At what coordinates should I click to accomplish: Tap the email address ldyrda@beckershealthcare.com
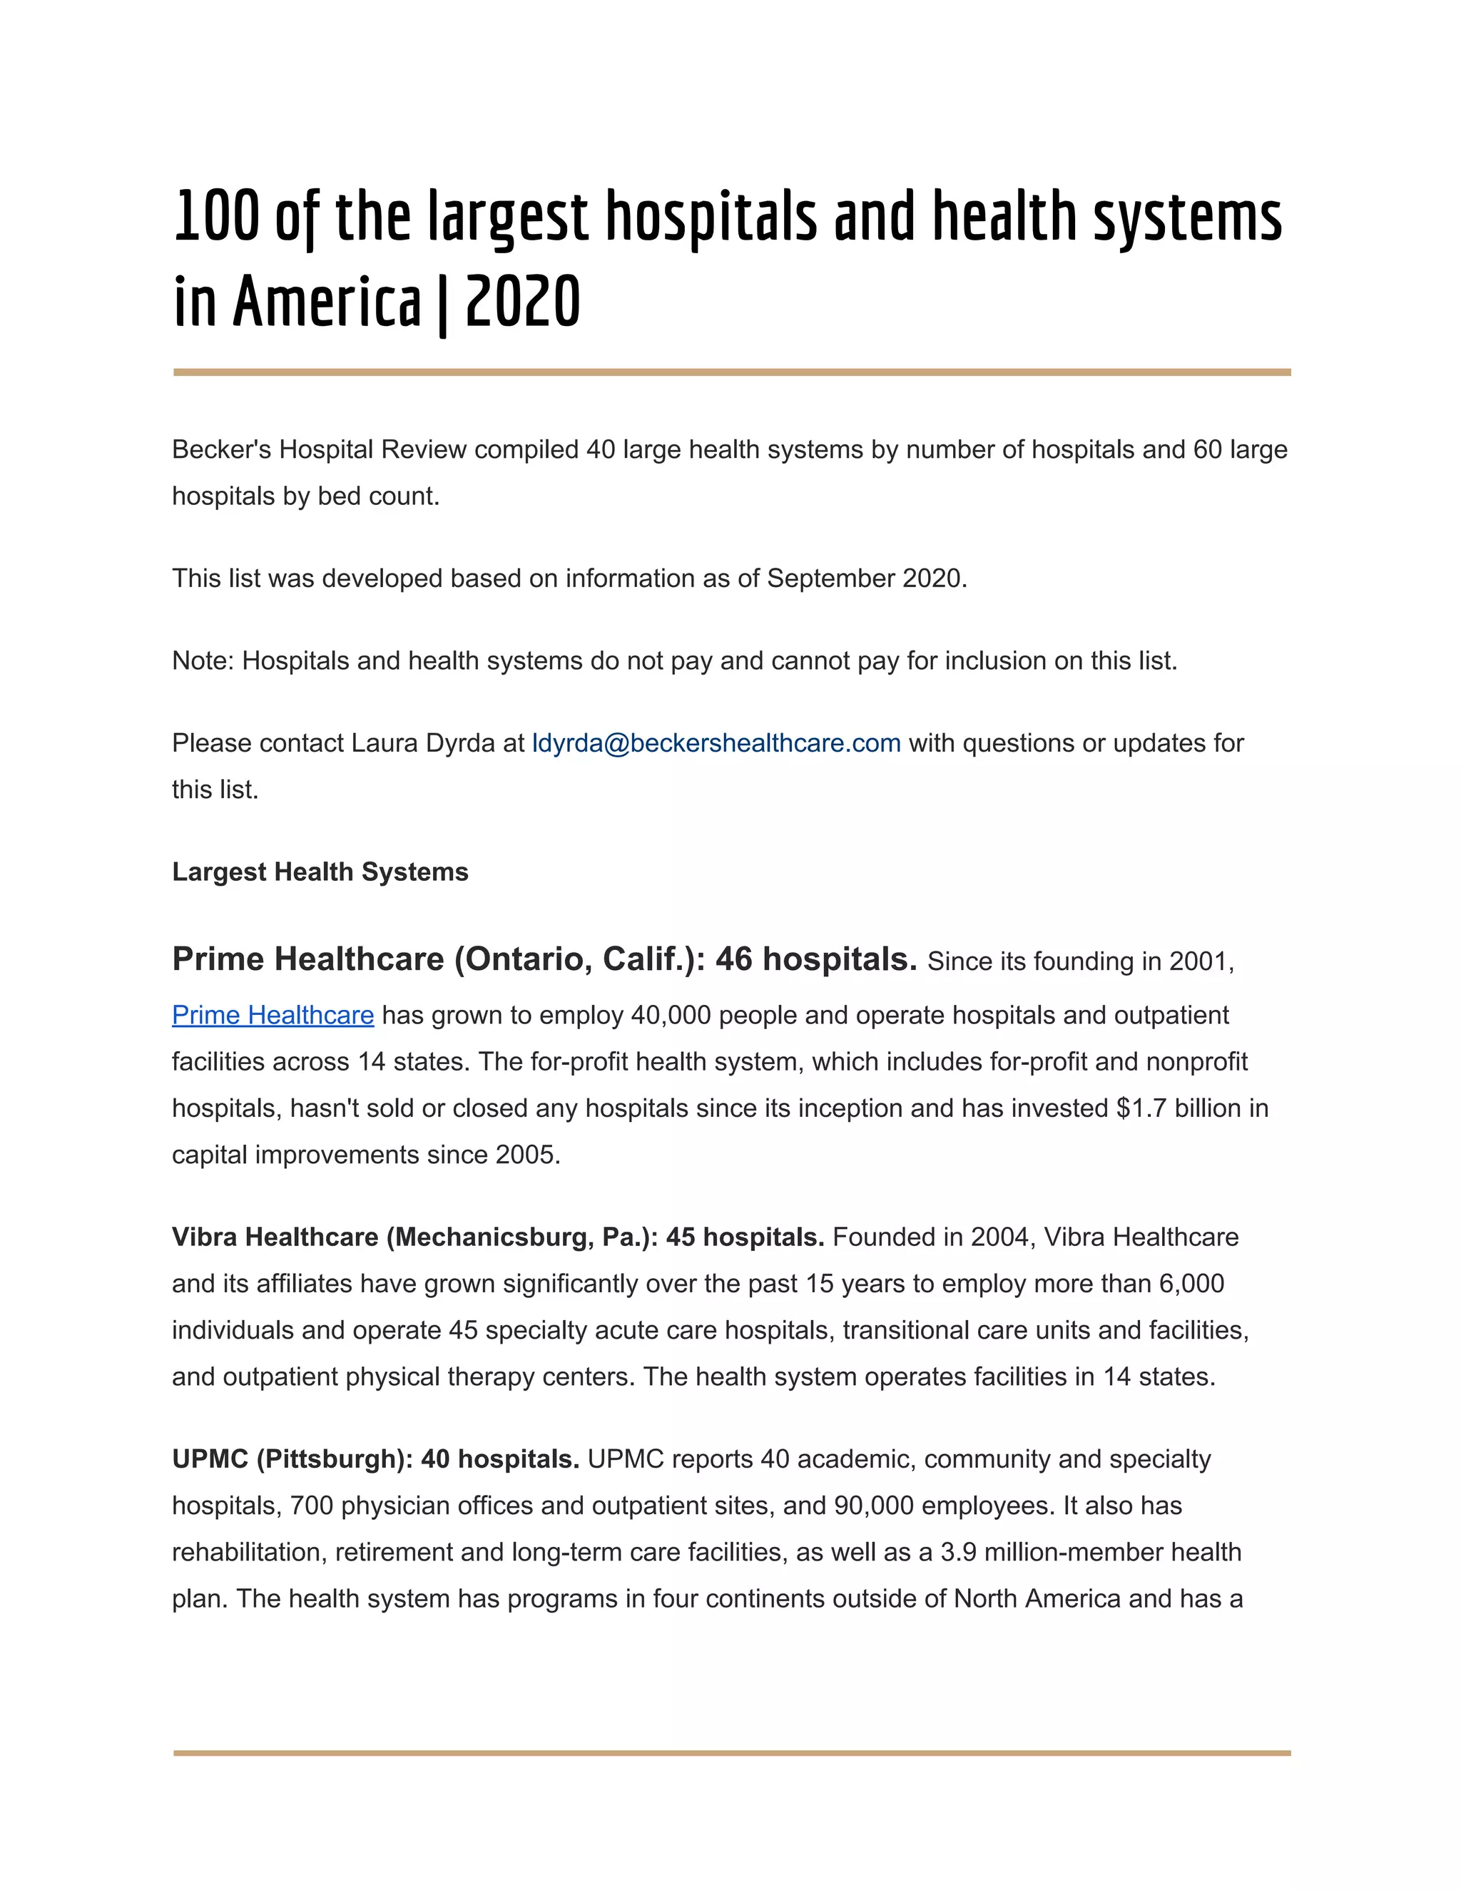tap(716, 742)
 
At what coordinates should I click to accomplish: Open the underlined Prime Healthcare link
tap(273, 1014)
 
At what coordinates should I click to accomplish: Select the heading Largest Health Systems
tap(320, 872)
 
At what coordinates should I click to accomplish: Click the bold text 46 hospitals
tap(815, 959)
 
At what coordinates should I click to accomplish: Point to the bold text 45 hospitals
tap(744, 1237)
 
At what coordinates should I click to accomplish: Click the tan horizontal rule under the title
tap(731, 372)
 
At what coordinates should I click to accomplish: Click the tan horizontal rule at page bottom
tap(731, 1752)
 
